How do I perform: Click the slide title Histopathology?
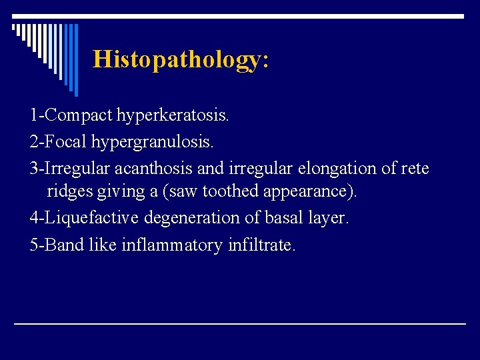point(181,59)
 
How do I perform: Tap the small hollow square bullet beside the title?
point(14,27)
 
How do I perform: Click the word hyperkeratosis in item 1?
point(173,115)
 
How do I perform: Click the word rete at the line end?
point(415,168)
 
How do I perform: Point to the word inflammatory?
point(172,245)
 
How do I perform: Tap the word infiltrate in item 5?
point(261,245)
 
